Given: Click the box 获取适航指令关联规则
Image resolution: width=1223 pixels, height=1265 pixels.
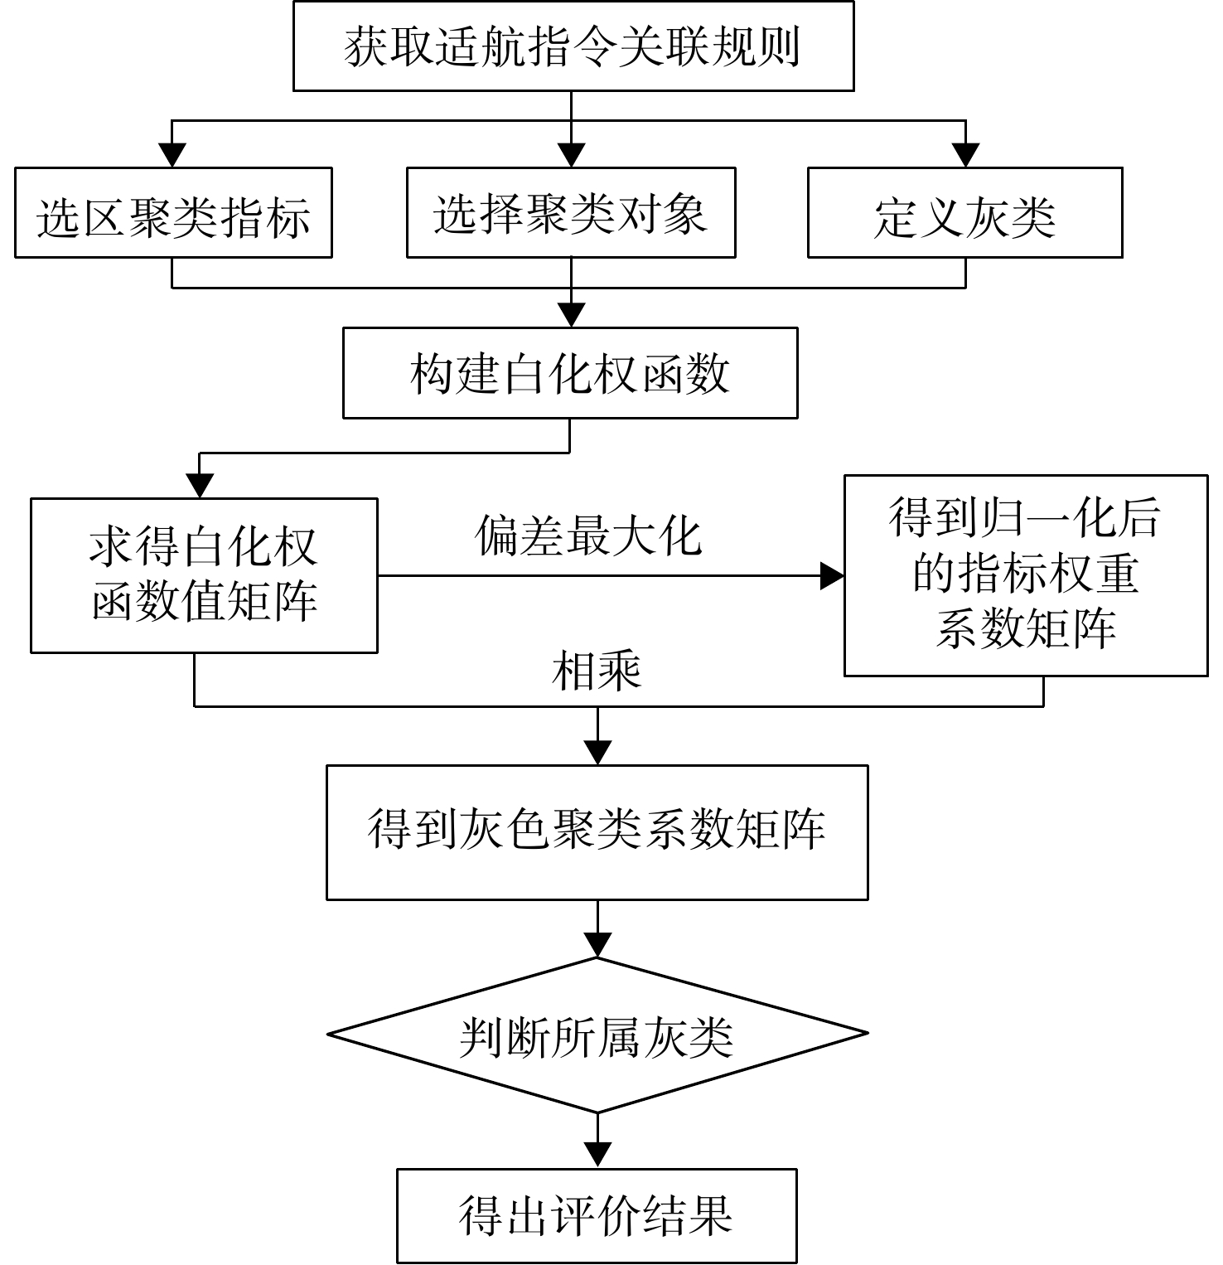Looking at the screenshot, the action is [573, 46].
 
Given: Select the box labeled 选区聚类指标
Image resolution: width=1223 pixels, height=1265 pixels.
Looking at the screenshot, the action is [173, 213].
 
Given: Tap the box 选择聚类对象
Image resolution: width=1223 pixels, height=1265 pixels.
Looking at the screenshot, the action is [571, 213].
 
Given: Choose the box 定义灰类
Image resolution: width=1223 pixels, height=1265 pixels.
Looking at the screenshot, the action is [965, 213].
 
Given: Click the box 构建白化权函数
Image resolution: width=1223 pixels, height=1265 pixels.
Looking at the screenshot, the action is [570, 373].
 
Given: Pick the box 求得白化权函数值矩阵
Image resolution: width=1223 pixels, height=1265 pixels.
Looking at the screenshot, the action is [204, 575].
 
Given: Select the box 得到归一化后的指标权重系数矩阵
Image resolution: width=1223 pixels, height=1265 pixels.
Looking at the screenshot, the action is [1026, 575].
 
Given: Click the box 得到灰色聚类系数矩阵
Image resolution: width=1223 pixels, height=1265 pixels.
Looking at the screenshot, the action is [597, 832].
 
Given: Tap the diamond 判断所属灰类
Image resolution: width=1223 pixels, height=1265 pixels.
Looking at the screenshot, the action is [597, 1035].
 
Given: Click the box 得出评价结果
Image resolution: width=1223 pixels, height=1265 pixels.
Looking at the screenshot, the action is [597, 1216].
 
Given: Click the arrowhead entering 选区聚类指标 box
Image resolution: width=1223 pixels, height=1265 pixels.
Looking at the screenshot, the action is [172, 155].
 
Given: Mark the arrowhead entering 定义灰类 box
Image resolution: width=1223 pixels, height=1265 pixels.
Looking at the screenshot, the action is [965, 155].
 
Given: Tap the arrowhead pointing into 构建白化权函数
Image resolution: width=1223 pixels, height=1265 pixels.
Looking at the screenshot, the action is [571, 315].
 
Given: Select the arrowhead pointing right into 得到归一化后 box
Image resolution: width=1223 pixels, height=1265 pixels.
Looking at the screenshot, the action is [832, 575].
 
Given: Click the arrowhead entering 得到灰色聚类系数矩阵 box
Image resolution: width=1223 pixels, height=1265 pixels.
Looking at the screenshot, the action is [597, 753].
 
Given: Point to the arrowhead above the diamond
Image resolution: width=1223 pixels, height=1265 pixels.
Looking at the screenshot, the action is [597, 945].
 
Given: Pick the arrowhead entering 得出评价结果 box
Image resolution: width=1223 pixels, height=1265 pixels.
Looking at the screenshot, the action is [597, 1156].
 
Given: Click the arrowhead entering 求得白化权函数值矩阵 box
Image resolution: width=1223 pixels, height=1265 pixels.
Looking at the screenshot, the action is [201, 486].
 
